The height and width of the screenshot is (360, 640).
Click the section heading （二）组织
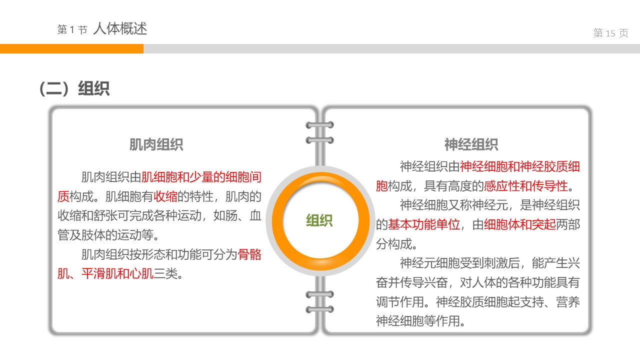(74, 89)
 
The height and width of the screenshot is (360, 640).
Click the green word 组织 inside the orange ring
(319, 220)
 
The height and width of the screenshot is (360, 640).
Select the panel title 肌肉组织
(156, 145)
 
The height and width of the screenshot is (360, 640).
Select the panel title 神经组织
(471, 145)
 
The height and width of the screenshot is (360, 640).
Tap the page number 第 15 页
(610, 33)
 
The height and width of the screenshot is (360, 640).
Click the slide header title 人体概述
(120, 28)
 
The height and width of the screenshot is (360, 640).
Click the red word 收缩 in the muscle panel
(165, 196)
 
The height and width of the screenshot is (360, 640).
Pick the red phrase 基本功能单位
(424, 225)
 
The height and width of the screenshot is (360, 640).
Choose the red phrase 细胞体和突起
(520, 225)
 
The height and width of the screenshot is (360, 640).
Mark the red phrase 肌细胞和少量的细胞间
(201, 177)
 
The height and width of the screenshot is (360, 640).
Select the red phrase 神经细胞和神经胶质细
(520, 167)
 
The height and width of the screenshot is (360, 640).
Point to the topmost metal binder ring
(319, 125)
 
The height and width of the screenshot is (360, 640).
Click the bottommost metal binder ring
(319, 309)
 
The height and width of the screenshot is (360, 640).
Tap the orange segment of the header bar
(71, 48)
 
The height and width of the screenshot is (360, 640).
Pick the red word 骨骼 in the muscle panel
(249, 254)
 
